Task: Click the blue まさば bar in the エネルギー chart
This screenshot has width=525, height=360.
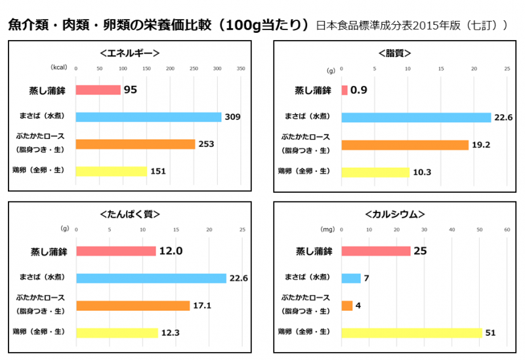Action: tap(148, 117)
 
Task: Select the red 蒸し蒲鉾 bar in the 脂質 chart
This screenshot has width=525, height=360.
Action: tap(345, 90)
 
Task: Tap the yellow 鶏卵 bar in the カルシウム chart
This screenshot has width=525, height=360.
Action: tap(411, 332)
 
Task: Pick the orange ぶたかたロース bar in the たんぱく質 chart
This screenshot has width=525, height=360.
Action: tap(133, 306)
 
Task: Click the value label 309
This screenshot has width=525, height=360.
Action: tap(233, 117)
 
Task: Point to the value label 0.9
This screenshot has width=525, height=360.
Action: tap(358, 90)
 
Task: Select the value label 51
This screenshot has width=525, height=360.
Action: tap(490, 333)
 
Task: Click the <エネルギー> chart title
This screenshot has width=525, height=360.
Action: tap(130, 53)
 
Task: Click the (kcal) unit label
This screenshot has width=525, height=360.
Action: tap(60, 68)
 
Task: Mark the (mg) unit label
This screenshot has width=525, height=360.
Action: tap(327, 230)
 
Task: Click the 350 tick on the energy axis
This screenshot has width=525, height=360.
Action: tap(241, 68)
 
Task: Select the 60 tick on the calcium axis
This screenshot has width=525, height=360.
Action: tap(507, 230)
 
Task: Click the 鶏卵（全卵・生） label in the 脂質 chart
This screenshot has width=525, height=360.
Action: tap(304, 171)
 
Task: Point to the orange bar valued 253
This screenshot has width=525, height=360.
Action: tap(135, 144)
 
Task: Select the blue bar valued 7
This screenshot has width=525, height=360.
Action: tap(351, 278)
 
